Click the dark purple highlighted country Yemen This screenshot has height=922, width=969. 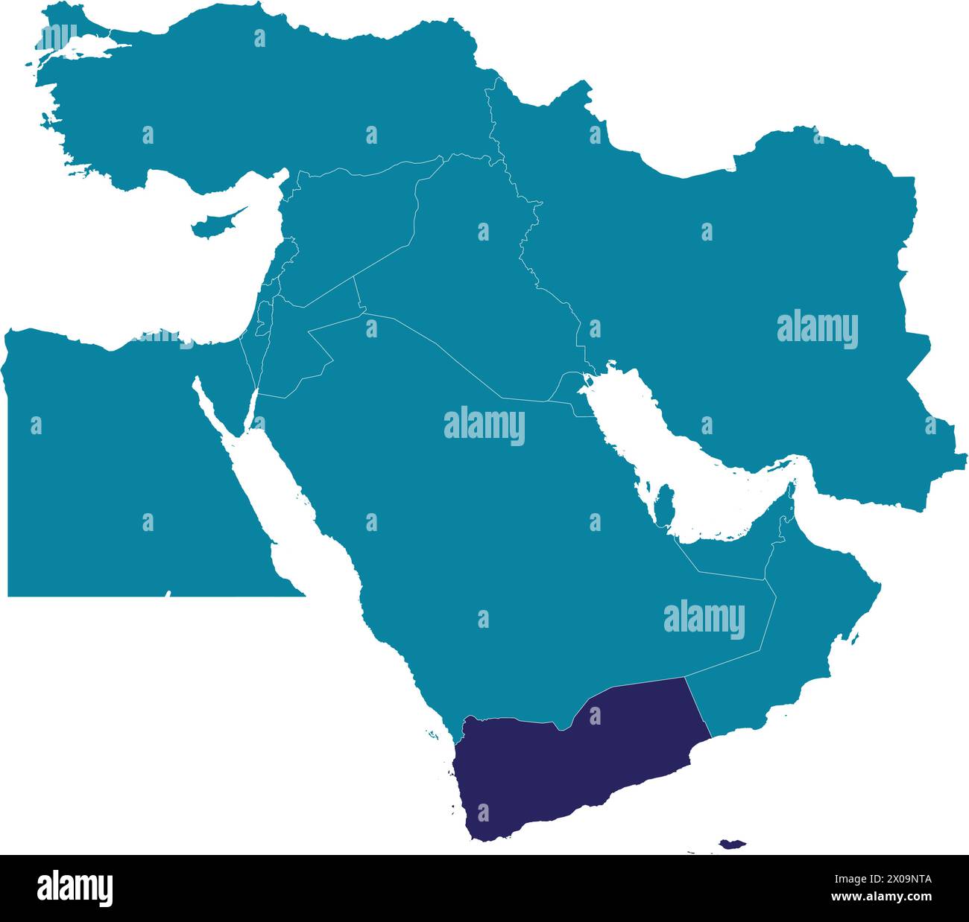[x=566, y=767]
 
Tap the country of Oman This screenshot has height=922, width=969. [x=812, y=626]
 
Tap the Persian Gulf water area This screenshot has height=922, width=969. [x=671, y=447]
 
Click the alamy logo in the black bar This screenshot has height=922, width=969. [x=75, y=888]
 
